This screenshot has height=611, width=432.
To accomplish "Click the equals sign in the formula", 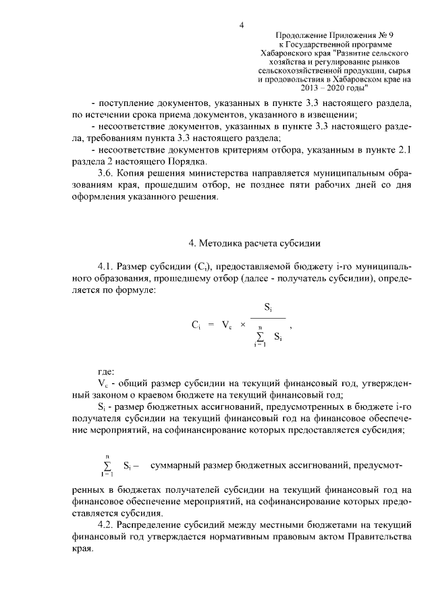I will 211,325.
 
